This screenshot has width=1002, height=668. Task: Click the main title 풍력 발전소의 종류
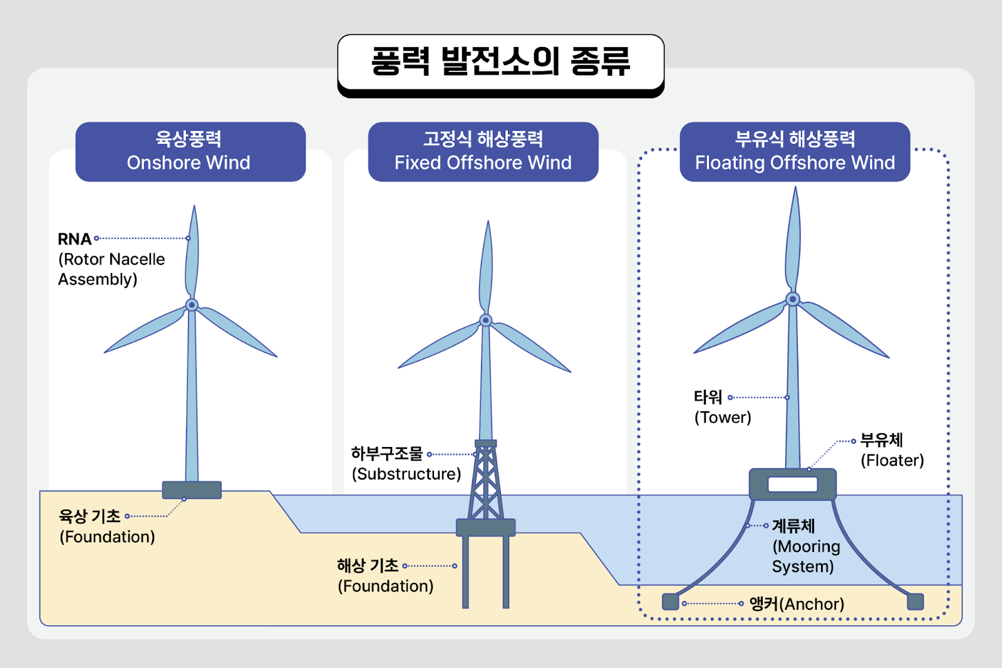pyautogui.click(x=500, y=61)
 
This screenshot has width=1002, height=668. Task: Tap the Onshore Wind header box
pyautogui.click(x=190, y=152)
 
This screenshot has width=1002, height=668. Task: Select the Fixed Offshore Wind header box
pyautogui.click(x=483, y=152)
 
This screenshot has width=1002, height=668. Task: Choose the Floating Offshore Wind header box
pyautogui.click(x=795, y=152)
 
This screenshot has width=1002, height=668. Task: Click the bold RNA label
pyautogui.click(x=75, y=239)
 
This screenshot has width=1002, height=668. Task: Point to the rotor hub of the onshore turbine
pyautogui.click(x=192, y=305)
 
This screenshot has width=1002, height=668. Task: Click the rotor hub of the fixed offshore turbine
pyautogui.click(x=486, y=320)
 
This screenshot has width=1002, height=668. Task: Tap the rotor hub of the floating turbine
pyautogui.click(x=793, y=299)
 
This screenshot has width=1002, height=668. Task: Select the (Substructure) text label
pyautogui.click(x=406, y=474)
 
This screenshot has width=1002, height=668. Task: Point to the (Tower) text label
pyautogui.click(x=723, y=418)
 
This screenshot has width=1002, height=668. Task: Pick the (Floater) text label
pyautogui.click(x=892, y=461)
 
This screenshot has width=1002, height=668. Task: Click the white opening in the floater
pyautogui.click(x=793, y=484)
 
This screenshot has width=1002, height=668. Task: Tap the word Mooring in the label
pyautogui.click(x=806, y=547)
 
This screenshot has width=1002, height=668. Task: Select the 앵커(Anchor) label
pyautogui.click(x=797, y=604)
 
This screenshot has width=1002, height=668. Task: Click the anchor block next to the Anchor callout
pyautogui.click(x=671, y=602)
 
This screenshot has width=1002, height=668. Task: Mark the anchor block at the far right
pyautogui.click(x=916, y=602)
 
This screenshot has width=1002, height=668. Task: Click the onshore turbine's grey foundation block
pyautogui.click(x=192, y=490)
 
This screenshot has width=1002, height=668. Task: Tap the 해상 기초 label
pyautogui.click(x=368, y=566)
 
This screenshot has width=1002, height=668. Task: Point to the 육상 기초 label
pyautogui.click(x=90, y=516)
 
